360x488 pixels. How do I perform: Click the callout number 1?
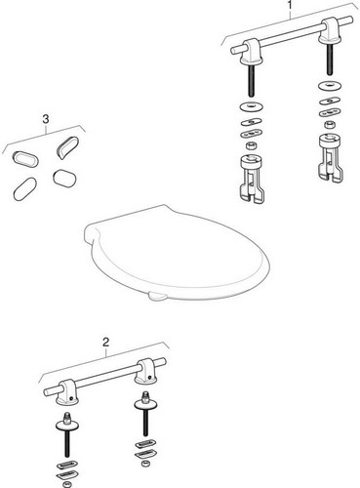(290, 7)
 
